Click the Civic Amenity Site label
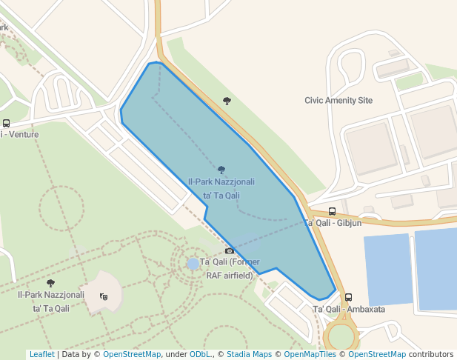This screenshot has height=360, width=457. pyautogui.click(x=338, y=100)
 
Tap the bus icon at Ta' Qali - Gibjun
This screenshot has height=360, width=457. pyautogui.click(x=332, y=212)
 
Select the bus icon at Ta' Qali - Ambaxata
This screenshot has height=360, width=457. pyautogui.click(x=349, y=298)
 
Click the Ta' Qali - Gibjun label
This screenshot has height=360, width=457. pyautogui.click(x=333, y=222)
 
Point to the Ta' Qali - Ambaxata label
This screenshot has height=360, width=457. pyautogui.click(x=349, y=309)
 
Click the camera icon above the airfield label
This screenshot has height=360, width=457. pyautogui.click(x=230, y=251)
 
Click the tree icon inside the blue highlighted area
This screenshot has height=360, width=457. pyautogui.click(x=221, y=170)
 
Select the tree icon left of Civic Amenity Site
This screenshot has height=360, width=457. pyautogui.click(x=227, y=101)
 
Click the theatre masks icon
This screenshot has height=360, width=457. pyautogui.click(x=104, y=296)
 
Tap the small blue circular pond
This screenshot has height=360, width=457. pyautogui.click(x=193, y=264)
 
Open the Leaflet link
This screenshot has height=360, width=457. pyautogui.click(x=41, y=355)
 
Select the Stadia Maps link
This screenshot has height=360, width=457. pyautogui.click(x=249, y=355)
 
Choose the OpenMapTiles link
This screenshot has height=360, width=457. pyautogui.click(x=310, y=355)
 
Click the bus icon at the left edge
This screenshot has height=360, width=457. pyautogui.click(x=6, y=124)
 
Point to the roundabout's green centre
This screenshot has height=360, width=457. pyautogui.click(x=342, y=336)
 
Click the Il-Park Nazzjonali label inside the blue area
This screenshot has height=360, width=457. pyautogui.click(x=221, y=188)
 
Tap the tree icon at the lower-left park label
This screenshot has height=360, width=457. pyautogui.click(x=50, y=283)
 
